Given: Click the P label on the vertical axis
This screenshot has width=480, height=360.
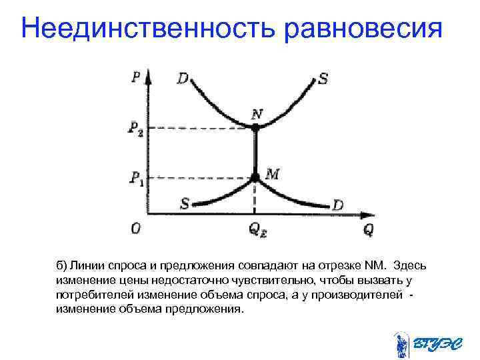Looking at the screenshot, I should [x=137, y=75].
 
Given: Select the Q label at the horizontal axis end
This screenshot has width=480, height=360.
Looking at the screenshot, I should [x=369, y=229].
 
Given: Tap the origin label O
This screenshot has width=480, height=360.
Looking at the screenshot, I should [x=135, y=229].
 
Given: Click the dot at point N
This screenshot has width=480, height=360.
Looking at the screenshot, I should [x=255, y=126].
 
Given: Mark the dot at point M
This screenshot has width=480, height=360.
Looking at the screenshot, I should [x=255, y=177].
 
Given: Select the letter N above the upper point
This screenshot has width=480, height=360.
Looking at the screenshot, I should [x=257, y=113].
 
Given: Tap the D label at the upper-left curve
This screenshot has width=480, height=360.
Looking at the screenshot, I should [x=183, y=79].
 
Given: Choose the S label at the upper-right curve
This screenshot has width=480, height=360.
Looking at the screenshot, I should [x=323, y=79].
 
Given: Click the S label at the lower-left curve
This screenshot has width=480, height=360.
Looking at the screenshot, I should [x=185, y=203].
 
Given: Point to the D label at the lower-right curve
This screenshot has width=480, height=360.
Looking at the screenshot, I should [x=337, y=205].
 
